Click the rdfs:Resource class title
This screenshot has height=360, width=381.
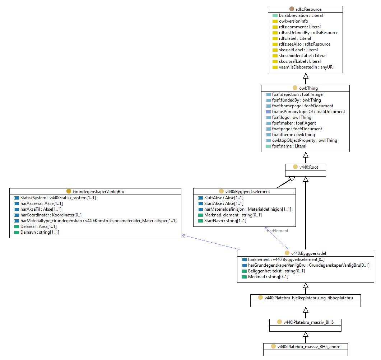pyautogui.click(x=308, y=9)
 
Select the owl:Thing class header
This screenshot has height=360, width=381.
pyautogui.click(x=308, y=88)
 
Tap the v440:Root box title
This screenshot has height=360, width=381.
pyautogui.click(x=308, y=167)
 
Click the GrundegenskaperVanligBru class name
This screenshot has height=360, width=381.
pyautogui.click(x=98, y=191)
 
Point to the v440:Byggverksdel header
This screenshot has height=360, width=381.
pyautogui.click(x=308, y=253)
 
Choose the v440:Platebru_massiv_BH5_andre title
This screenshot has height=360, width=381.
pyautogui.click(x=308, y=347)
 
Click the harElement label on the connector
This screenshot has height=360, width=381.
pyautogui.click(x=278, y=231)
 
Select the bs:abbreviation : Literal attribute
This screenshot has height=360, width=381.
pyautogui.click(x=301, y=15)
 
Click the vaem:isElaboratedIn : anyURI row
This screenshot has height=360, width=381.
pyautogui.click(x=306, y=67)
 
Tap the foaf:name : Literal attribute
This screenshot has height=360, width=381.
pyautogui.click(x=289, y=146)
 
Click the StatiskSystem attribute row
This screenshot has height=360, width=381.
pyautogui.click(x=58, y=198)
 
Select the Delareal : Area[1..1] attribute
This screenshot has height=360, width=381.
pyautogui.click(x=38, y=226)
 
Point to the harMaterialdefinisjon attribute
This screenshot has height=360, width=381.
pyautogui.click(x=248, y=209)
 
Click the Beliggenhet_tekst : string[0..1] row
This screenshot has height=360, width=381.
pyautogui.click(x=276, y=271)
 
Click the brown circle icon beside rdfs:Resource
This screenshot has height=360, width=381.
pyautogui.click(x=292, y=9)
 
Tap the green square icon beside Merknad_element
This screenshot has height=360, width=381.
pyautogui.click(x=200, y=215)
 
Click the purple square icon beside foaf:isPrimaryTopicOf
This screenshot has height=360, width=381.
pyautogui.click(x=268, y=112)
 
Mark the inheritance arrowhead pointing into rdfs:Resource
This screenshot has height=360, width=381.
pyautogui.click(x=306, y=76)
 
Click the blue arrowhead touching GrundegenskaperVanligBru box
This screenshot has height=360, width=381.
pyautogui.click(x=184, y=235)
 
